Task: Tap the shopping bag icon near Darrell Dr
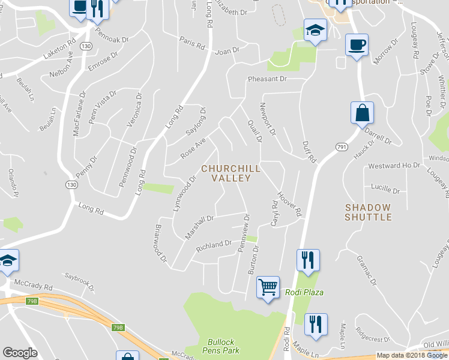click(362, 113)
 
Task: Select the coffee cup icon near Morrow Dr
click(357, 45)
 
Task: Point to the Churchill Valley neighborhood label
click(231, 173)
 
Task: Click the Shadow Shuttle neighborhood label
click(368, 212)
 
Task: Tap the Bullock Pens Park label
click(220, 346)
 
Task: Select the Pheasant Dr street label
click(267, 79)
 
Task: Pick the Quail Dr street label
click(255, 130)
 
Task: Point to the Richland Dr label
click(214, 245)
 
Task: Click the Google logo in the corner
click(20, 353)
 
